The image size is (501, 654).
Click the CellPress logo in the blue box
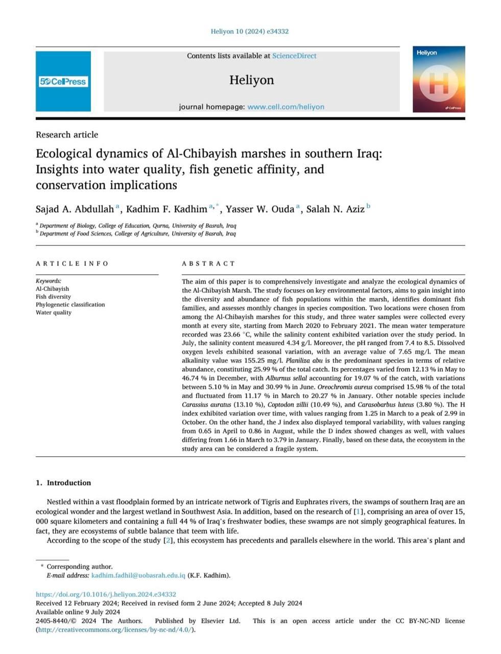(x=63, y=82)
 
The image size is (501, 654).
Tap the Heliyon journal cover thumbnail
(x=439, y=79)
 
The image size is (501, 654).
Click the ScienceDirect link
(x=294, y=56)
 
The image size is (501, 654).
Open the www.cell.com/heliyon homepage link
(x=285, y=107)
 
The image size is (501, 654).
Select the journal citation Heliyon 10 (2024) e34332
(x=250, y=31)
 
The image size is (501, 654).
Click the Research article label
(x=67, y=134)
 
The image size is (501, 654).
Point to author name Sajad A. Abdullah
(x=75, y=209)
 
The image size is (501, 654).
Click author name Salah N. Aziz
(x=335, y=209)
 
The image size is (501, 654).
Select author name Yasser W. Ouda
(x=260, y=209)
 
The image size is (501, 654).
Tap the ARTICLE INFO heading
(x=72, y=264)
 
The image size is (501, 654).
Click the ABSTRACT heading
(x=208, y=264)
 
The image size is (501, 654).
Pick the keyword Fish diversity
(x=53, y=296)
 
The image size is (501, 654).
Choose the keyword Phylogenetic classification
(x=70, y=305)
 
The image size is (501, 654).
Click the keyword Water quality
(x=53, y=312)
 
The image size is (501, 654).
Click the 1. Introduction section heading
(x=63, y=483)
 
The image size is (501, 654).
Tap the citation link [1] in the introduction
(x=358, y=511)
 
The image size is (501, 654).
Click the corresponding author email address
(x=138, y=575)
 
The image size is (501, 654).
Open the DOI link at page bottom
(x=106, y=594)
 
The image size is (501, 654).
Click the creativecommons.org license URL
(x=115, y=629)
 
